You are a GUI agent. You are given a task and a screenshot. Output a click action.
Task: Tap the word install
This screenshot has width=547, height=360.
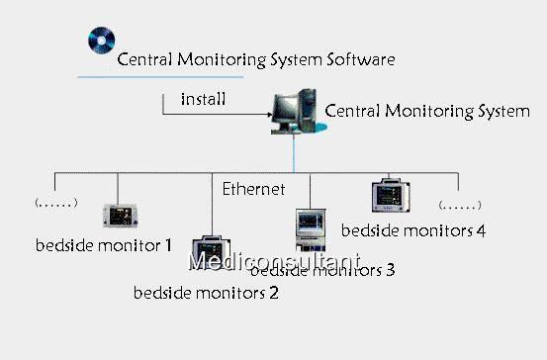203,99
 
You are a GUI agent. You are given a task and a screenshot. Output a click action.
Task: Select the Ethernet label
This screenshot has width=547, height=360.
253,188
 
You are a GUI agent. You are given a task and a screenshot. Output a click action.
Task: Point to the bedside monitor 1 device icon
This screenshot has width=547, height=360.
119,214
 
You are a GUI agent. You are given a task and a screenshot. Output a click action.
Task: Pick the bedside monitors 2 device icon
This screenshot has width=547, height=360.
210,249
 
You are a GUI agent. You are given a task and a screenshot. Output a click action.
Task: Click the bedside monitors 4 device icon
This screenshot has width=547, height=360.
390,196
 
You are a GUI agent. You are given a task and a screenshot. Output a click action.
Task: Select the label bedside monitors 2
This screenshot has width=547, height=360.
206,292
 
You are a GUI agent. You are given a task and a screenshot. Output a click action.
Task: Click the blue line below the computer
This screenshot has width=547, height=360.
294,156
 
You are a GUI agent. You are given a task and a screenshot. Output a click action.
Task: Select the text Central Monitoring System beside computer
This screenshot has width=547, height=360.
426,111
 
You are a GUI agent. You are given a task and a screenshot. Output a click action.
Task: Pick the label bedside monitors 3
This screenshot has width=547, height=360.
323,269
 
